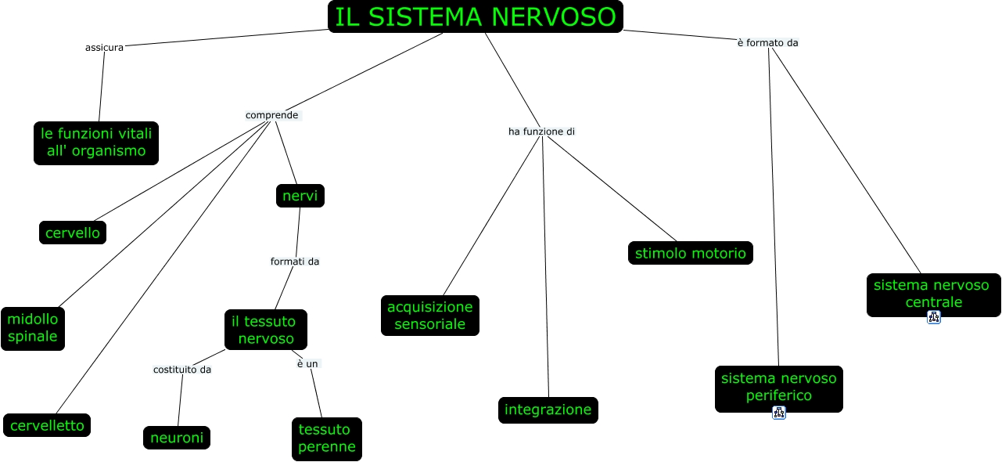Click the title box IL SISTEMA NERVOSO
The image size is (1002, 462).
(476, 17)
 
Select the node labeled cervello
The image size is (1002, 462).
(73, 233)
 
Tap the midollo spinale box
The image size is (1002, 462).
(33, 328)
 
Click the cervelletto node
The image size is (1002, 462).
(47, 425)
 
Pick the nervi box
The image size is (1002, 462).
(300, 196)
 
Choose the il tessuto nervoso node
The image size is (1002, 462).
(266, 330)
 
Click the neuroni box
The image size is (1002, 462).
(177, 438)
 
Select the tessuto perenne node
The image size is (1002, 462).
(327, 439)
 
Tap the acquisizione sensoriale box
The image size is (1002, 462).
(430, 315)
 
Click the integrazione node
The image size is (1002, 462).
(548, 410)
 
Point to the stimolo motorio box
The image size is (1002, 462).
(690, 253)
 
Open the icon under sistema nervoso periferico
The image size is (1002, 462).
(779, 413)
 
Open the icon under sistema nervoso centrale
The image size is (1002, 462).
(934, 317)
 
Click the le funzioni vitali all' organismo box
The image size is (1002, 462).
(96, 143)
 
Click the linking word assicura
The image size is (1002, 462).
(104, 48)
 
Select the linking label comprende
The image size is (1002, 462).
(272, 115)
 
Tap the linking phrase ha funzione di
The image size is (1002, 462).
(541, 132)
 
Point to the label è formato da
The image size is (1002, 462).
(767, 42)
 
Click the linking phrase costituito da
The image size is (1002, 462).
(181, 370)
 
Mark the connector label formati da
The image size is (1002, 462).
(295, 261)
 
